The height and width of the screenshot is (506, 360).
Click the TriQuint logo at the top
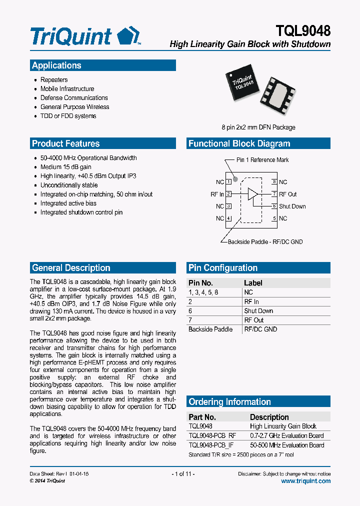click(85, 36)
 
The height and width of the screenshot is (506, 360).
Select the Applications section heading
click(56, 65)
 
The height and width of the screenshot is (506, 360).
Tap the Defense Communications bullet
click(74, 98)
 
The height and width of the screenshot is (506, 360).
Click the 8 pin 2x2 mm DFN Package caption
click(258, 127)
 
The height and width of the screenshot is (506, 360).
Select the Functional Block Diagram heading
click(239, 143)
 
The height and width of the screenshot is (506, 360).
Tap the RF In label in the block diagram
click(217, 194)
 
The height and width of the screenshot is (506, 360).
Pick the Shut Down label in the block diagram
click(292, 206)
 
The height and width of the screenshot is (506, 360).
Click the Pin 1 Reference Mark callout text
click(262, 160)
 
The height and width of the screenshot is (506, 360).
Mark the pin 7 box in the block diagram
click(274, 194)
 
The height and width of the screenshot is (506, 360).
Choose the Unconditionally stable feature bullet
click(69, 185)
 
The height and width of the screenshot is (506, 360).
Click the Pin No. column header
click(200, 283)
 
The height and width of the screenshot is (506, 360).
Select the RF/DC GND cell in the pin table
click(260, 329)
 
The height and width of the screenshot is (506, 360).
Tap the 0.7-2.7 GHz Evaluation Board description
click(286, 435)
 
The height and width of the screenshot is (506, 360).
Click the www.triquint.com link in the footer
click(305, 481)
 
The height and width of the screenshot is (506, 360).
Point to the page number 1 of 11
click(183, 473)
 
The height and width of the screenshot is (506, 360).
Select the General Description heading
click(71, 267)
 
